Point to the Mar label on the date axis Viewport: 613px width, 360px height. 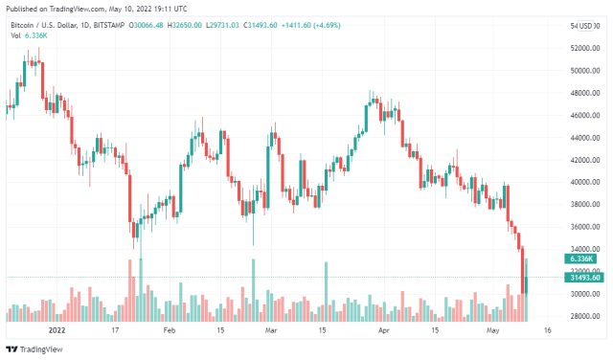point(271,329)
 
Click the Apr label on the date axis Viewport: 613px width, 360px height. point(383,329)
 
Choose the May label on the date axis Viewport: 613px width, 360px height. point(493,329)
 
